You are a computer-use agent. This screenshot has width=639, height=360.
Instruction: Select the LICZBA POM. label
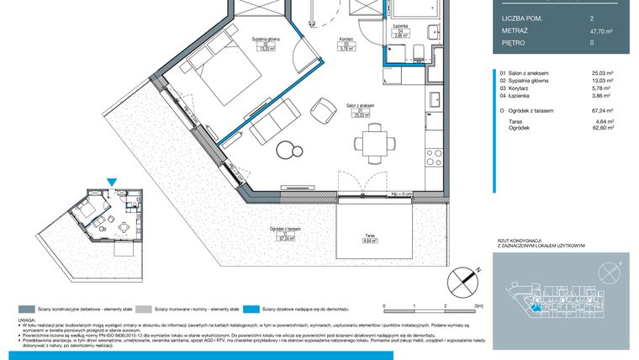click(520, 17)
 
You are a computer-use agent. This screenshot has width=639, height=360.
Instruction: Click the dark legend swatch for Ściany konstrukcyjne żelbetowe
click(27, 309)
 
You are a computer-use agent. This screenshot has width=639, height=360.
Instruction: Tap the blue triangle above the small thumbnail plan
click(113, 180)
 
